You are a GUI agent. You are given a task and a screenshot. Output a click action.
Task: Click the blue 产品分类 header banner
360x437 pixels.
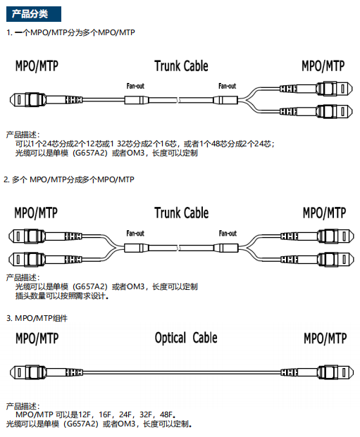coord(34,14)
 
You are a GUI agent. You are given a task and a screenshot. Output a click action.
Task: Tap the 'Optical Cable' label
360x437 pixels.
coord(186,338)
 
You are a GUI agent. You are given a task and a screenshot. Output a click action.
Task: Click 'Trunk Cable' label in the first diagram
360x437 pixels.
coord(181,66)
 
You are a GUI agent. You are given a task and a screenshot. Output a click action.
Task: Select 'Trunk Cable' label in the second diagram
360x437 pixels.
coord(181,213)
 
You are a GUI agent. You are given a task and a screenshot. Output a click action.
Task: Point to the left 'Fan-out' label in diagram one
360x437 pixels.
coord(135,86)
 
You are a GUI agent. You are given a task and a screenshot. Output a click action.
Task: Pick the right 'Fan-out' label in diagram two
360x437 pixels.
coord(228,233)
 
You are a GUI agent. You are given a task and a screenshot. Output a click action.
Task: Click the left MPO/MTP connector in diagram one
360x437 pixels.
coord(46,99)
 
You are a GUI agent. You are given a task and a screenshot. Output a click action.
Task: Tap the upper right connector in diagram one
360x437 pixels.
coord(316,89)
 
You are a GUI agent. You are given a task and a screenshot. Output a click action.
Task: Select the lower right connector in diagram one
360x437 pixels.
coord(316,111)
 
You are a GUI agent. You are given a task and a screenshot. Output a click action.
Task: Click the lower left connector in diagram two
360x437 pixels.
coord(45,260)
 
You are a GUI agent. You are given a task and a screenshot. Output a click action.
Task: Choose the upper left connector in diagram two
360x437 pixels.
coord(45,236)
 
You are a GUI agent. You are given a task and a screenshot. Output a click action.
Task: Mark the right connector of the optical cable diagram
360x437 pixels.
coord(317,372)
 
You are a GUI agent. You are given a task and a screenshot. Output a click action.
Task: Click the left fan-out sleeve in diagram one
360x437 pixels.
coord(136,100)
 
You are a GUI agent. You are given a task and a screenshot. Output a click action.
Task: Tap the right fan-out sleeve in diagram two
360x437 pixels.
coord(226,248)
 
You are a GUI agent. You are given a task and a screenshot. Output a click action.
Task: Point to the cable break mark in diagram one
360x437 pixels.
coord(178,100)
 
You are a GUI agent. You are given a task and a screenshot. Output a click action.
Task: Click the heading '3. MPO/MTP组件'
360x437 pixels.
coord(37,318)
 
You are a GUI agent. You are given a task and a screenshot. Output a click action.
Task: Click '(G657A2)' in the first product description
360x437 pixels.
coord(90,153)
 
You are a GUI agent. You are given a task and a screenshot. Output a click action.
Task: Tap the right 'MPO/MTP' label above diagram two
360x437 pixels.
coord(324,213)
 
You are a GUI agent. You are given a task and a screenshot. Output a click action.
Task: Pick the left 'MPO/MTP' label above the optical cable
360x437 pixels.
coord(37,338)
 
